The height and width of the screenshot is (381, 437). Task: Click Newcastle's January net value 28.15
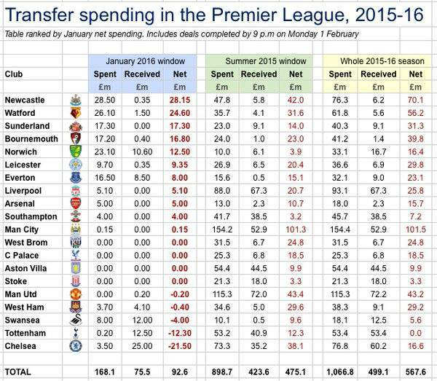pos(180,100)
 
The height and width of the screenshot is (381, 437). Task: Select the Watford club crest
pos(75,113)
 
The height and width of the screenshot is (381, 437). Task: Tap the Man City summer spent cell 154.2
pos(222,229)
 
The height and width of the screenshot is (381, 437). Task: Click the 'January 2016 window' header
pos(145,61)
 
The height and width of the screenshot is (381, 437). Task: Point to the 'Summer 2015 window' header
pos(266,61)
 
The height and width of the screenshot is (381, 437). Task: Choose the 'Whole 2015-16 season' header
pos(382,61)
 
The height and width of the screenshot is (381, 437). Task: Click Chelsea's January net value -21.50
pos(180,346)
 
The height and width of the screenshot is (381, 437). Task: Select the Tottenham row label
pos(25,333)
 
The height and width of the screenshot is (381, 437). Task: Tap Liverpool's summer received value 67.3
pos(259,191)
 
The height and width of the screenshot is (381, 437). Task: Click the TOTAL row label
pos(17,372)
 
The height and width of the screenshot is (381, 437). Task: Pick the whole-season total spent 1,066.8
pos(340,372)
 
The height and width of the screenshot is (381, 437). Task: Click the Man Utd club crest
pos(75,294)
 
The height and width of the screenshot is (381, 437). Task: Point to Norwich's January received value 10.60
pos(142,152)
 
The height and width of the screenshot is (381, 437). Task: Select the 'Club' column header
pos(14,74)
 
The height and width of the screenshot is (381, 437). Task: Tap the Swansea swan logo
pos(76,320)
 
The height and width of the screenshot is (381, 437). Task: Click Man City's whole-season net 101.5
pos(416,229)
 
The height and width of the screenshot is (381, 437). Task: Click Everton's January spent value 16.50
pos(105,178)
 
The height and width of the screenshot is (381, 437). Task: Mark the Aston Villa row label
pos(25,268)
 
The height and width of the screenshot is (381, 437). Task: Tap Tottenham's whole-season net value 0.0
pos(416,333)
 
